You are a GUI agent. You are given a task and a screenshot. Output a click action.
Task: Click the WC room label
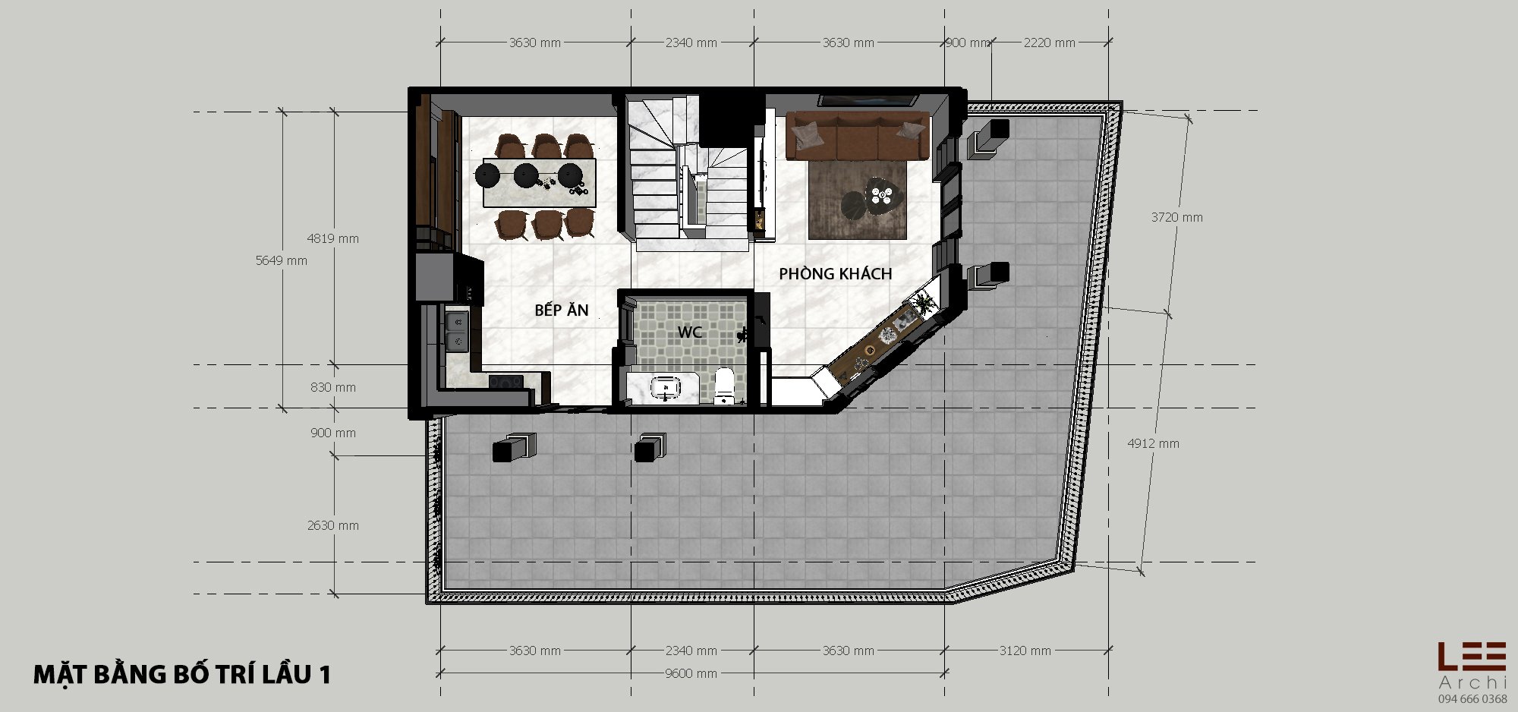(690, 332)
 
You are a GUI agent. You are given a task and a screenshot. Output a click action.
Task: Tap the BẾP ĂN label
(562, 310)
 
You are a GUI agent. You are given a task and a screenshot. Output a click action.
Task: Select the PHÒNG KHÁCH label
(836, 273)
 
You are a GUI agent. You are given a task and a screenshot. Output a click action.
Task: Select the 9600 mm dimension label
(691, 673)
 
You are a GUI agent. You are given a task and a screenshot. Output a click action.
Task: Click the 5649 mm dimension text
(282, 260)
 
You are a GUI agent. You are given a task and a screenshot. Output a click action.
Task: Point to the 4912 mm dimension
(1154, 443)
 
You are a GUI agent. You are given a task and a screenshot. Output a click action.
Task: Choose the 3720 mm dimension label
(1177, 217)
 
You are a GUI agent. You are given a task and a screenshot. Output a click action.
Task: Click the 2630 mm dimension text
(333, 525)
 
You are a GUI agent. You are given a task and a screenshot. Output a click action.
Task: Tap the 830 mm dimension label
(333, 387)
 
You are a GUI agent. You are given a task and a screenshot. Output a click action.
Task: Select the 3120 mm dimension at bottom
(1025, 651)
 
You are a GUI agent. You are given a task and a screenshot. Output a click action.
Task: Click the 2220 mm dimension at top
(1050, 43)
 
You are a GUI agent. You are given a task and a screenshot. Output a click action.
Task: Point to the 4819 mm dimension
(333, 238)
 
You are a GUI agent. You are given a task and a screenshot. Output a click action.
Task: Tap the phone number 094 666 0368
(1472, 699)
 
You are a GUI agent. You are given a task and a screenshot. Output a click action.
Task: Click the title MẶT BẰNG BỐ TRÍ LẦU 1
(182, 674)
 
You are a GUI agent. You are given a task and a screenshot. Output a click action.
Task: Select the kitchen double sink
(457, 332)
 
